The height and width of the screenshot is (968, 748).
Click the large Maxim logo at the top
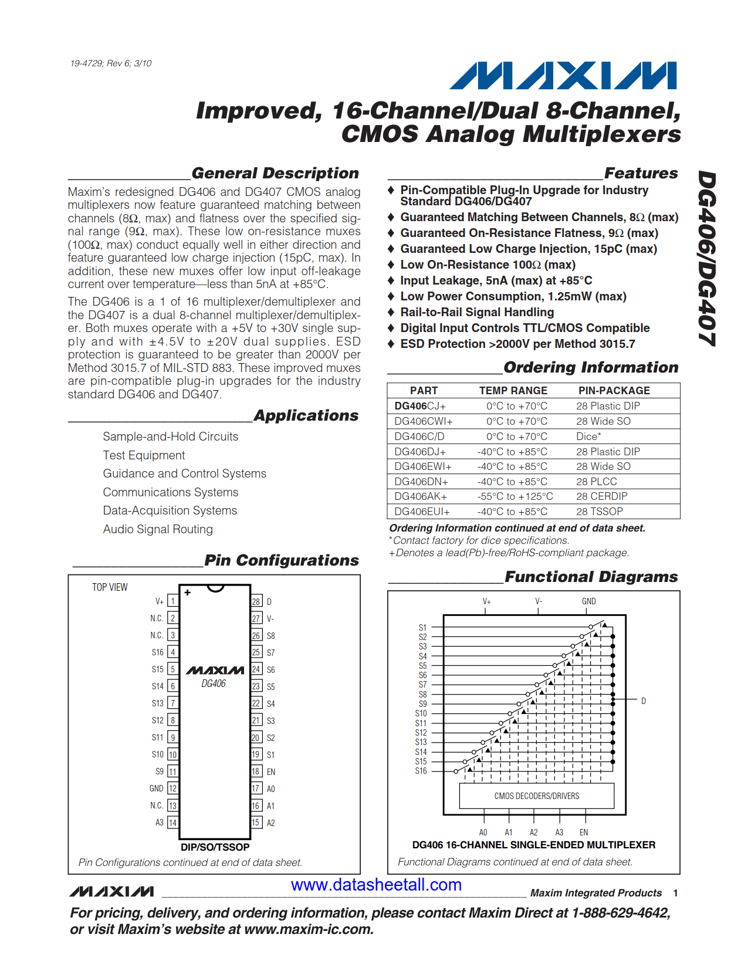563,76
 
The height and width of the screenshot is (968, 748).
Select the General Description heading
275,173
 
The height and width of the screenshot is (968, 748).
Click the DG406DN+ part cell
421,482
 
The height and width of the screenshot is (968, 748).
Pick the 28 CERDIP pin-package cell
601,496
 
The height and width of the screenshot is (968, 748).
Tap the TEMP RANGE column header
513,391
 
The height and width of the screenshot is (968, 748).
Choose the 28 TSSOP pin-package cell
599,512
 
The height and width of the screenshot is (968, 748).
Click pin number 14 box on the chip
172,823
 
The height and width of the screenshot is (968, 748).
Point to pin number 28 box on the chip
256,602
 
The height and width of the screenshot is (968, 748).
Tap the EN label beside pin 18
271,772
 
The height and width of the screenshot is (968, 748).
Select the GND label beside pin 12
156,788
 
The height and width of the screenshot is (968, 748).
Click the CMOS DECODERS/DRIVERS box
536,796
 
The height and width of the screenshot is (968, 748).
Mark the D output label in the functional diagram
644,701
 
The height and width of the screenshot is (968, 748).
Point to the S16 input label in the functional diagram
421,771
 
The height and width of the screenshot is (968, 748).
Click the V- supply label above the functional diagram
539,601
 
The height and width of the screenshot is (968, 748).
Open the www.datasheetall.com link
376,885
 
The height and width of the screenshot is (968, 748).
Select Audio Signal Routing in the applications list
158,529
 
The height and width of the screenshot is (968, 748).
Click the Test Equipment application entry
144,455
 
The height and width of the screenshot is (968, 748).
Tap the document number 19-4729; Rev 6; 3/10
111,63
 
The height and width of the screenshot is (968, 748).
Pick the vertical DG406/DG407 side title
707,258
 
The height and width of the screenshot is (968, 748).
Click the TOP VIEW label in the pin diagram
110,587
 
